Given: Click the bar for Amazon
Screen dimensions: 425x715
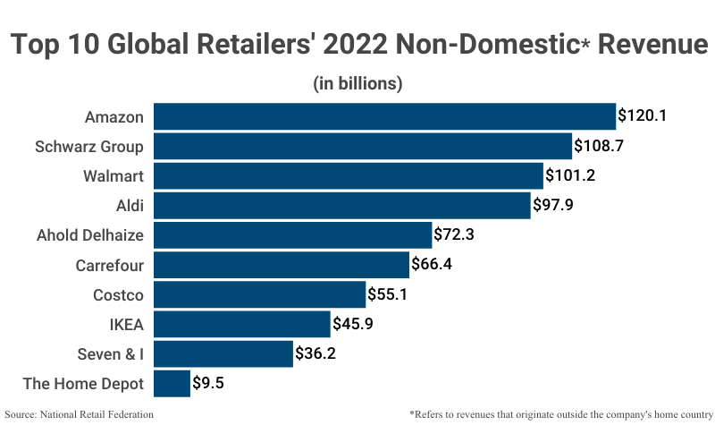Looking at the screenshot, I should pos(384,116).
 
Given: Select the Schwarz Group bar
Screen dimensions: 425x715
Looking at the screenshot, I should pos(363,146).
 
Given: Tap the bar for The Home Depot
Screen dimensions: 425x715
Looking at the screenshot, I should pos(172,384).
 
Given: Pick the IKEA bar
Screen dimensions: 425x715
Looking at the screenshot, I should pos(242,324).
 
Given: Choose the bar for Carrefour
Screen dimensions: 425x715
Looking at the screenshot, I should pos(282,265).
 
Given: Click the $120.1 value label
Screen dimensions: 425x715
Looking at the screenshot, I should pos(643,116).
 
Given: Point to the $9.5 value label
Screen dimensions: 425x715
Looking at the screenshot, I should pos(210,384).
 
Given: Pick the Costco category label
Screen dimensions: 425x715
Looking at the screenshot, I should pos(119,294).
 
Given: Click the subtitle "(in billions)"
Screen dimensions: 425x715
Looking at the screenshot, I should pos(357,83).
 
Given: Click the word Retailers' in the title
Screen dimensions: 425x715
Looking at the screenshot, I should pos(282,44).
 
